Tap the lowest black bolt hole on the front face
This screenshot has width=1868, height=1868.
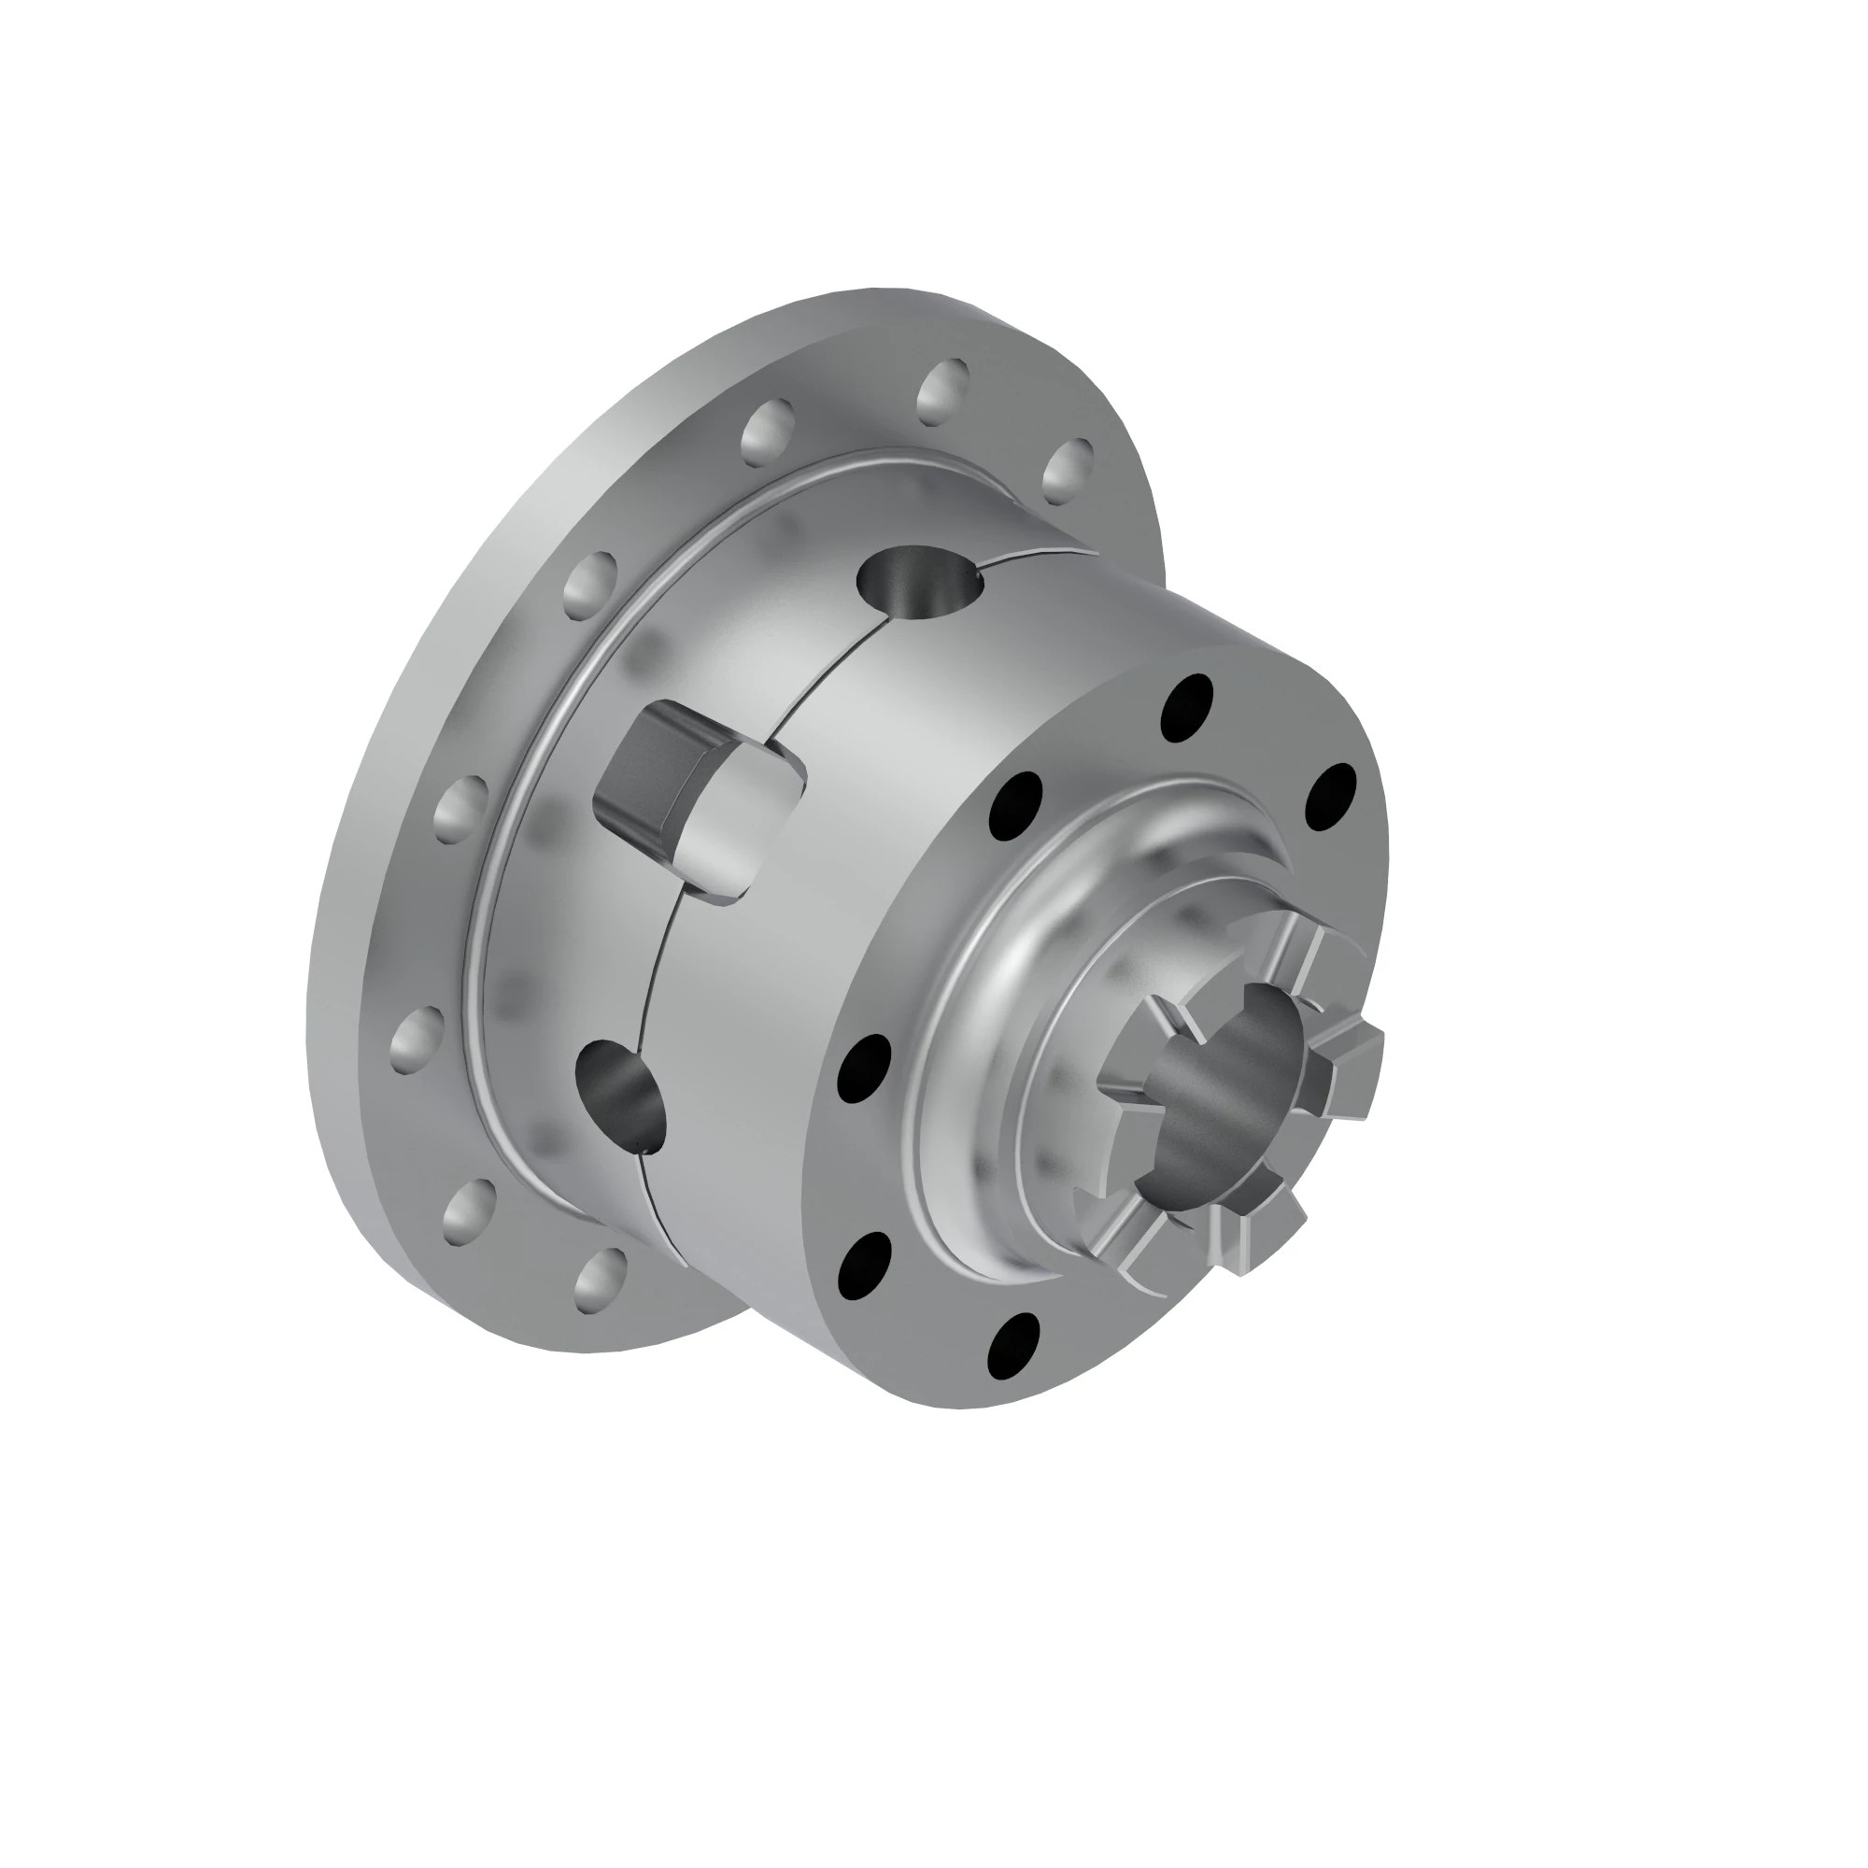point(1013,1344)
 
